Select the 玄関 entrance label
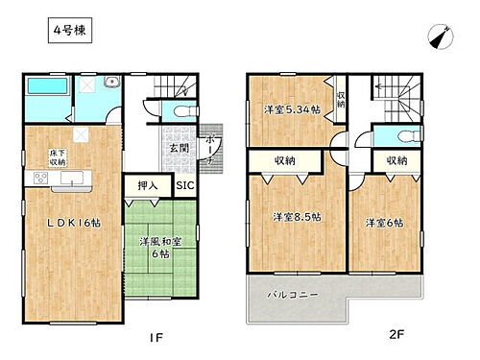180,148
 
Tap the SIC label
185,185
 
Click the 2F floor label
396,339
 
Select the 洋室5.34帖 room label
292,109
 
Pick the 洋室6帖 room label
383,223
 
